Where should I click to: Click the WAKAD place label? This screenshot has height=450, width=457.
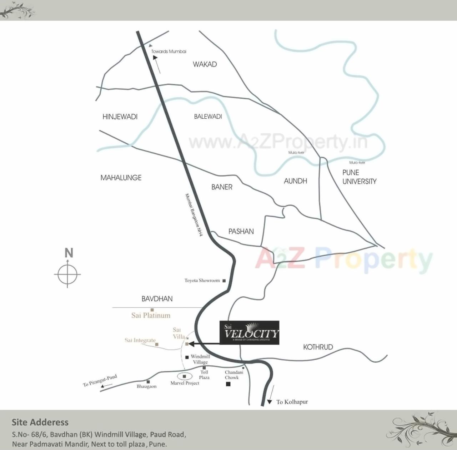pos(205,64)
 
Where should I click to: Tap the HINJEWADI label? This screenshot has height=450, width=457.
pos(120,117)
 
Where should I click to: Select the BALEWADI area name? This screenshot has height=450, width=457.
pos(208,117)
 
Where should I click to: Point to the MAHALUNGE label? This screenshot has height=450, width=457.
pos(121,178)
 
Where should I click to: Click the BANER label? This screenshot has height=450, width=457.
pos(222,187)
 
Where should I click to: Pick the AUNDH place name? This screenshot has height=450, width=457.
pos(295,181)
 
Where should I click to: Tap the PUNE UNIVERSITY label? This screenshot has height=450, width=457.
pos(359,177)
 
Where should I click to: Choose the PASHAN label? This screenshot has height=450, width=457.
pos(241,231)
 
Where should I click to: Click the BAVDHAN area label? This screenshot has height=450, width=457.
pos(157,299)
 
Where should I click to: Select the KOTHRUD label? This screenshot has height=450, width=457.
pos(318,347)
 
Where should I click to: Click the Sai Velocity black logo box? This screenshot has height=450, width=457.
pos(249,333)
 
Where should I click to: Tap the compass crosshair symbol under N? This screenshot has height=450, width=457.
pos(67,275)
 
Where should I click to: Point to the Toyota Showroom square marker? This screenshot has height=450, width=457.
pos(224,281)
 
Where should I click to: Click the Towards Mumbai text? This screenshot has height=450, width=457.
pos(169,51)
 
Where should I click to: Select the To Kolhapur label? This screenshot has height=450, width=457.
pos(292,402)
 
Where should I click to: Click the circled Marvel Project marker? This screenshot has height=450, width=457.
pos(185,376)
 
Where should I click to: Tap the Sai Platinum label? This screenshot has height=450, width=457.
pos(151,315)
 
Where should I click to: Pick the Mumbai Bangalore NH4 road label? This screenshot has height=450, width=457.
pos(194,215)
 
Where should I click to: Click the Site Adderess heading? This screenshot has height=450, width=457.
pos(40,422)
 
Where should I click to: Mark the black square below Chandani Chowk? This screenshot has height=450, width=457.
pos(228,384)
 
